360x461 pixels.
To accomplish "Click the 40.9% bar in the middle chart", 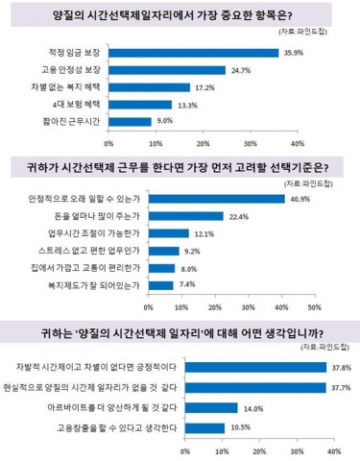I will point(216,199).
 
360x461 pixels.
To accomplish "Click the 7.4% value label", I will point(186,285).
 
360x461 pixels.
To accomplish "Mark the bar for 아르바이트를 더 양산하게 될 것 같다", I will point(209,406).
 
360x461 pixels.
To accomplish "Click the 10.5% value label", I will point(238,427).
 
